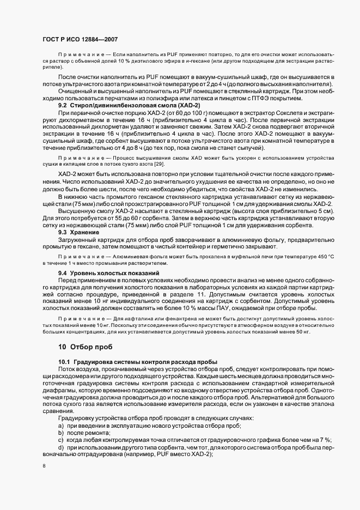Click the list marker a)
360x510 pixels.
[x=62, y=425]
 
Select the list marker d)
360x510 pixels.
[x=62, y=447]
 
